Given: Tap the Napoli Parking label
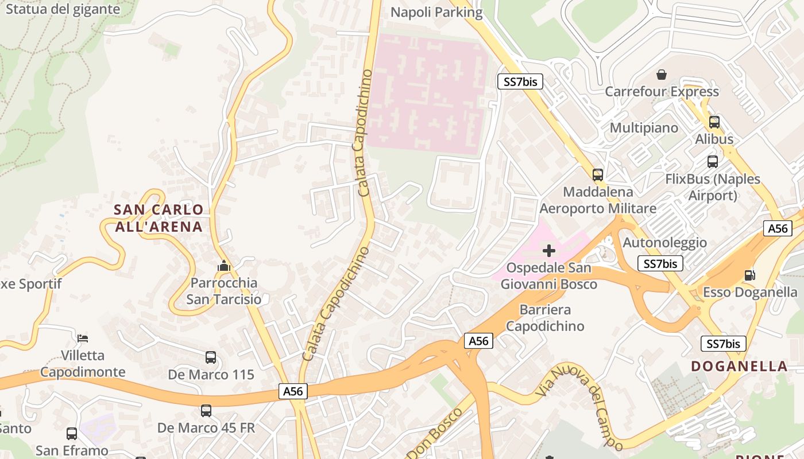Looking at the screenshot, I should click(x=436, y=12).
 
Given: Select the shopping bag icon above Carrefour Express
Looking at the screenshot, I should click(x=662, y=75).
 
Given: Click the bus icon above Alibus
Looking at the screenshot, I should click(x=714, y=122).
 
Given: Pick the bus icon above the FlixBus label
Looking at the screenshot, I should click(x=713, y=162).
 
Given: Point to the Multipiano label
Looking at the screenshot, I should click(x=644, y=127).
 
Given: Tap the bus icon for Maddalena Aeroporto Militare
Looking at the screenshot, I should click(x=598, y=174).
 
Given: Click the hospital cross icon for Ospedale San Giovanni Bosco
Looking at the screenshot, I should click(x=549, y=251).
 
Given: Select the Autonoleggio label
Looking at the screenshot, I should click(x=665, y=242).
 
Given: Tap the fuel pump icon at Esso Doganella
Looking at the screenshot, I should click(x=750, y=275).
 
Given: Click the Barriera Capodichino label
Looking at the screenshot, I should click(x=546, y=318).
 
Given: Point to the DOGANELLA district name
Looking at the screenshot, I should click(x=739, y=366).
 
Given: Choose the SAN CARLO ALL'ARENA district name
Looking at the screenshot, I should click(x=159, y=218).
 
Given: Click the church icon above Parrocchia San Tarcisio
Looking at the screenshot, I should click(x=224, y=266).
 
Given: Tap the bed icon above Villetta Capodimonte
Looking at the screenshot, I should click(x=83, y=338).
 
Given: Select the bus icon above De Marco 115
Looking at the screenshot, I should click(x=211, y=357).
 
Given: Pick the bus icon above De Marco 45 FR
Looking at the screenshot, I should click(x=206, y=411).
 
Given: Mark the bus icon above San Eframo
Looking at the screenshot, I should click(x=72, y=434).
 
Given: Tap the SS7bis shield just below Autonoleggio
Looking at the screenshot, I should click(x=660, y=264).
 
